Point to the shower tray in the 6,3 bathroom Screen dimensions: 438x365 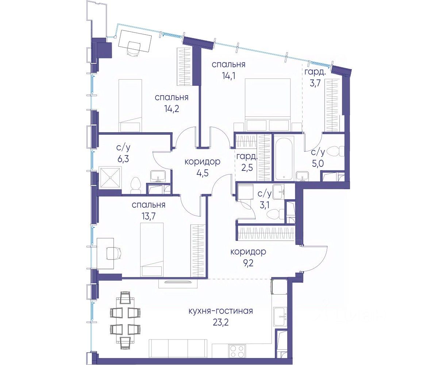point(110,177)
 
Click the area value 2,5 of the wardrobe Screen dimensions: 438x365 point(246,168)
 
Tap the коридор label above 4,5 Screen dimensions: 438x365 point(203,162)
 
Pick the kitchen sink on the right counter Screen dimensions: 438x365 point(280,317)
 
